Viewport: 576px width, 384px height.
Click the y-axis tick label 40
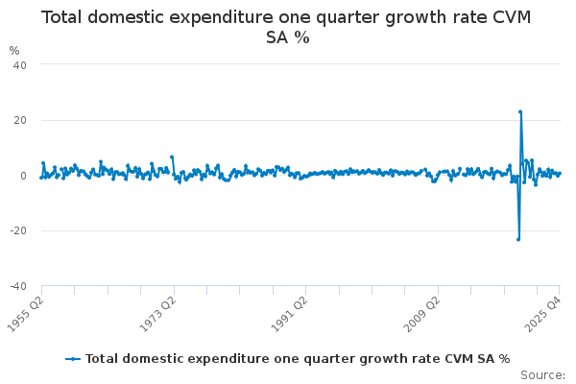coord(19,64)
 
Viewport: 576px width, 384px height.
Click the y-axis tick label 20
coord(19,120)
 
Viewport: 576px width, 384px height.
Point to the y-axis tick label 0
coord(23,176)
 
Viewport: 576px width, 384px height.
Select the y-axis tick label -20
coord(16,231)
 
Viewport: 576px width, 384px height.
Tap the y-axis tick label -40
coord(16,286)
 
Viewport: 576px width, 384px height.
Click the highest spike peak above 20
coord(520,111)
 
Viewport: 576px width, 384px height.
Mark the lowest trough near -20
coord(518,239)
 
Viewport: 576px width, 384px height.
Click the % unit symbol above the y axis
coord(13,50)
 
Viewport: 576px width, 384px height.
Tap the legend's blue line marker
coord(73,358)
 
